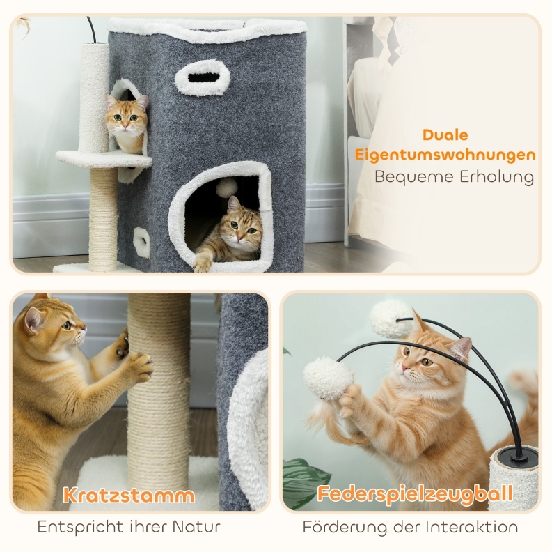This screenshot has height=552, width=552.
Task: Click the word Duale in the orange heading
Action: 445,135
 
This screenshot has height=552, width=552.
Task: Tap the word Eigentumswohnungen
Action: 445,155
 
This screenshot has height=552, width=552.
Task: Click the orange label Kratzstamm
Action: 129,496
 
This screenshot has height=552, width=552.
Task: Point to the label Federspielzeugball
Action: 415,494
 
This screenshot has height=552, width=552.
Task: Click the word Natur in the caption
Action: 196,527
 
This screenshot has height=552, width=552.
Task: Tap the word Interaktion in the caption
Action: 472,528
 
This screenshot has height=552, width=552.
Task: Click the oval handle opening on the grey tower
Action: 203,77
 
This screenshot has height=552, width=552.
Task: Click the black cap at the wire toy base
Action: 519,456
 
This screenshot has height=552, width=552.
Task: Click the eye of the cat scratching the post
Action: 67,325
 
